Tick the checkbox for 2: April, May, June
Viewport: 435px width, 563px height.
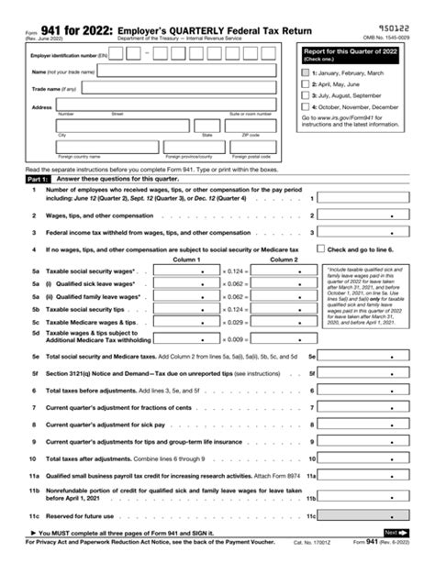[306, 84]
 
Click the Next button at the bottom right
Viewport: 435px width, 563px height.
[393, 532]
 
